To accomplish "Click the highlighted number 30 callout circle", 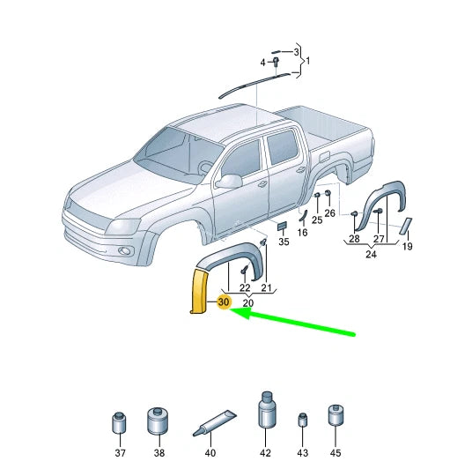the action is (x=224, y=301).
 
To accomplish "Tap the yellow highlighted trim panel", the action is (x=198, y=291).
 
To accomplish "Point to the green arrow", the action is (x=292, y=322).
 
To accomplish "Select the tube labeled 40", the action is (x=214, y=423).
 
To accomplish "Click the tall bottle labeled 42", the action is (x=266, y=410).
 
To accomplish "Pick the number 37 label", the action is (x=120, y=453).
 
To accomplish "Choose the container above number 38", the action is (x=158, y=421).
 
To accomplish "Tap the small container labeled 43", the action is (x=303, y=420).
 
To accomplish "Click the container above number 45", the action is (x=336, y=415).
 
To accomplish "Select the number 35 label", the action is (x=284, y=242).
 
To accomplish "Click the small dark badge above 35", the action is (x=282, y=226).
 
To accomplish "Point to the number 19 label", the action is (x=408, y=247).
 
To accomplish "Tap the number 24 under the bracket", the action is (x=371, y=255).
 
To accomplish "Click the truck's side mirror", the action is (x=229, y=181).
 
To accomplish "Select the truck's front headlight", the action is (x=122, y=227).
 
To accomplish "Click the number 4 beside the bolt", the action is (x=262, y=63).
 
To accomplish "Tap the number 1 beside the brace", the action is (x=307, y=61).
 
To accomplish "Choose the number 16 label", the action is (x=303, y=233).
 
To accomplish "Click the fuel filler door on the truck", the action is (x=324, y=157).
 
